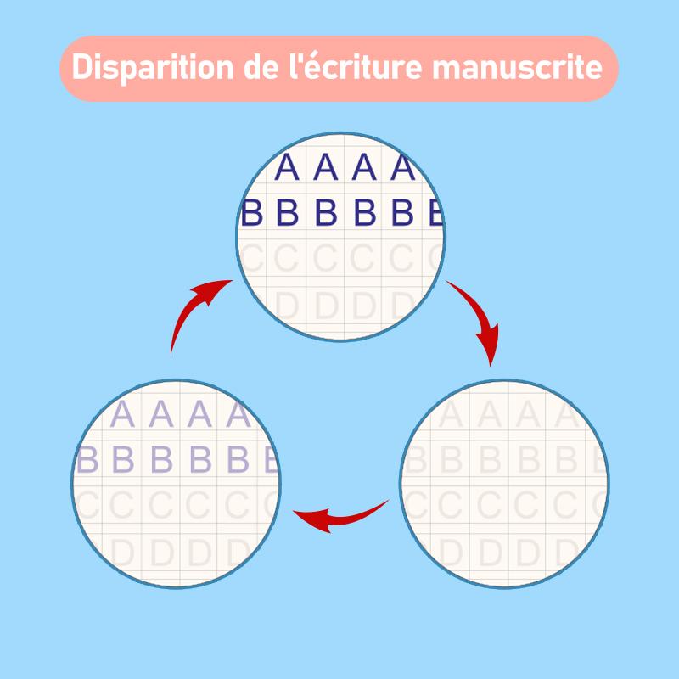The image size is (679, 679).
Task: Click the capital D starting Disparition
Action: click(81, 68)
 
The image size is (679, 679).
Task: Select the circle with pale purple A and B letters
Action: click(176, 485)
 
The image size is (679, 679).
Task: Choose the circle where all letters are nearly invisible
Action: click(504, 485)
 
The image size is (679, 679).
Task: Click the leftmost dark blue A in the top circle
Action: click(288, 168)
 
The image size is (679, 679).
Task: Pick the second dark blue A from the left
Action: click(325, 168)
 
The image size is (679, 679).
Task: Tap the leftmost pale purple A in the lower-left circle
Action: click(123, 415)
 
